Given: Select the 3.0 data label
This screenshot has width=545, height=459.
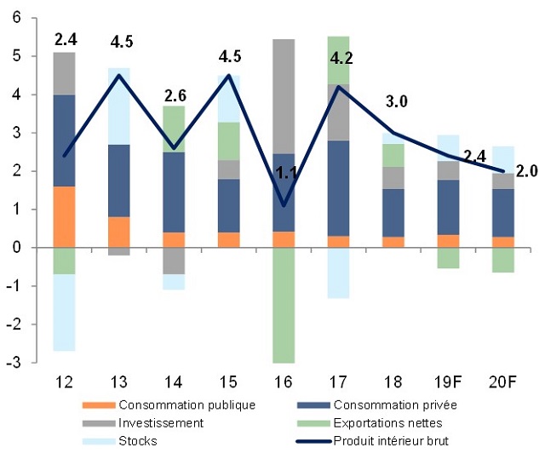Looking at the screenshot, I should pos(397,102).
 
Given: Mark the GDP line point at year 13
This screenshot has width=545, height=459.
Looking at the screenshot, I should pos(120,75).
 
